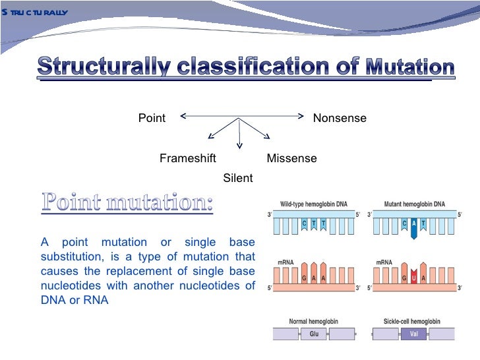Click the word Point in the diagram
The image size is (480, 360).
tap(152, 118)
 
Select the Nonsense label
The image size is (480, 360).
tap(339, 118)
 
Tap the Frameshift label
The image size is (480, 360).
tap(188, 158)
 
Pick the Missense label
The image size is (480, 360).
tap(291, 158)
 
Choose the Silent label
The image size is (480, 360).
tap(238, 178)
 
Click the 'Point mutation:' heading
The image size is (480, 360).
tap(128, 202)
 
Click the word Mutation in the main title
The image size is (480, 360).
tap(409, 67)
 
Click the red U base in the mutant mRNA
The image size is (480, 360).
tap(413, 278)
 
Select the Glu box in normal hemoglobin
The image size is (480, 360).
tap(314, 334)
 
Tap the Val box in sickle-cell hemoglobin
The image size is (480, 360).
tap(413, 334)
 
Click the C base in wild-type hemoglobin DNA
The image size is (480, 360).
tap(304, 224)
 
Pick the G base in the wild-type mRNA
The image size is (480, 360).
tap(304, 278)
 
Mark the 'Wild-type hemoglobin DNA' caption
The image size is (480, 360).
tap(314, 204)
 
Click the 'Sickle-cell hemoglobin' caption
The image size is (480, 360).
tap(412, 322)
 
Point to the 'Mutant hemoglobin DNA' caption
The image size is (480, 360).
tap(414, 204)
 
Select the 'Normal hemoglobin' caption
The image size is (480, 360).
tap(314, 322)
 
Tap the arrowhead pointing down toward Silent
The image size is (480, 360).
tap(239, 146)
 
